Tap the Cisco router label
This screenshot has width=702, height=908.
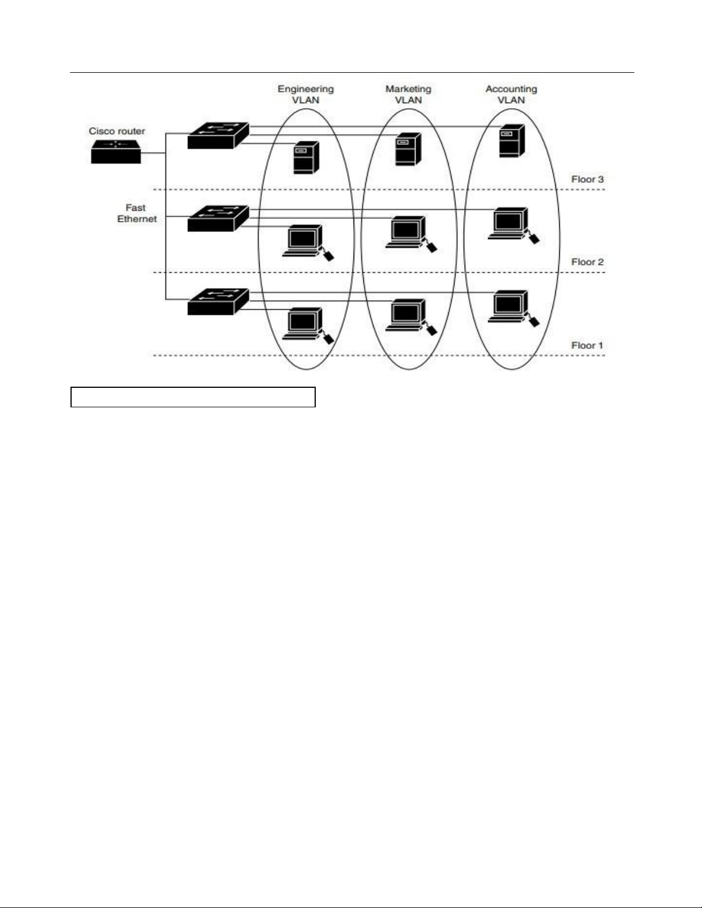pyautogui.click(x=117, y=131)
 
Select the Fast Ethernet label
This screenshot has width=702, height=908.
pyautogui.click(x=136, y=213)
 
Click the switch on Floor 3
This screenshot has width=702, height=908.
pyautogui.click(x=218, y=136)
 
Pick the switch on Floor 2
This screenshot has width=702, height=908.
pyautogui.click(x=218, y=218)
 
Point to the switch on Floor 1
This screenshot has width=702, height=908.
pyautogui.click(x=218, y=301)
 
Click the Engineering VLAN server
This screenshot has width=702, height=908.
pyautogui.click(x=306, y=158)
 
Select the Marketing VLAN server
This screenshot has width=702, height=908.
pyautogui.click(x=408, y=149)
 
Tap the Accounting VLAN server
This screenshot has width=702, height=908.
pyautogui.click(x=511, y=140)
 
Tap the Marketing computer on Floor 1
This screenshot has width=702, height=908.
pyautogui.click(x=407, y=316)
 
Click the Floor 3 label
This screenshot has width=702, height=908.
pyautogui.click(x=587, y=179)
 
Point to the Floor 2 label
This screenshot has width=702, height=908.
pyautogui.click(x=587, y=262)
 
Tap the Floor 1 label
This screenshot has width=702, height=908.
pyautogui.click(x=587, y=345)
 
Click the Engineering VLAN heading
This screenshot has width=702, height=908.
pyautogui.click(x=305, y=95)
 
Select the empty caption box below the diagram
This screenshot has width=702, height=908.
pyautogui.click(x=193, y=397)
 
